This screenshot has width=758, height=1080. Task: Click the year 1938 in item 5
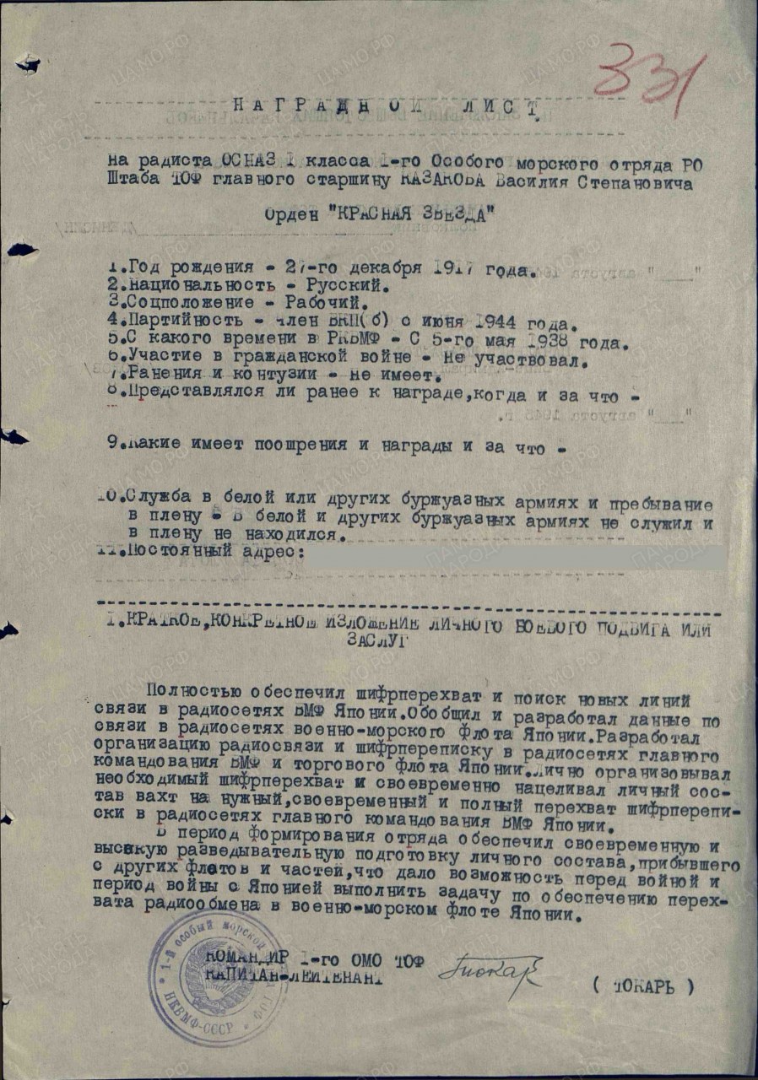click(540, 343)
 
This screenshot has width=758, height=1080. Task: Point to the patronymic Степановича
click(639, 184)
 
